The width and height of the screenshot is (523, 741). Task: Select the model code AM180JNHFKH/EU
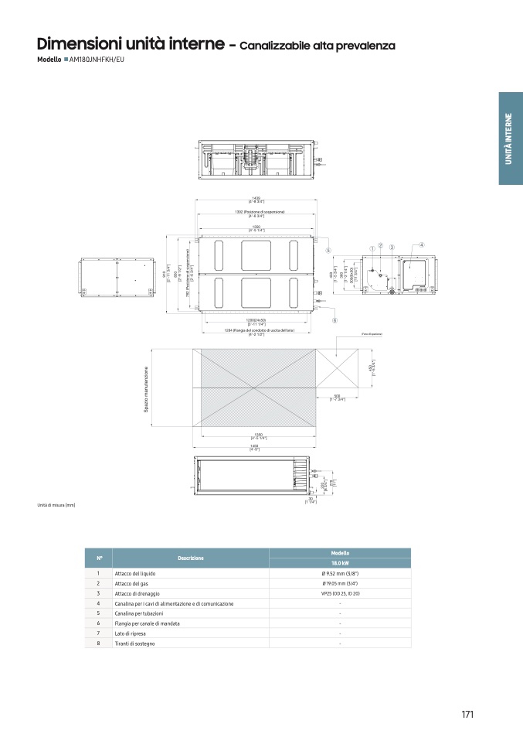coord(97,60)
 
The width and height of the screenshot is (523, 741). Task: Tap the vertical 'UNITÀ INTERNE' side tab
coord(509,138)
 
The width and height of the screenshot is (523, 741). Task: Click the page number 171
coord(467,714)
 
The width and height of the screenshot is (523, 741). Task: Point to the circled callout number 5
coord(328,250)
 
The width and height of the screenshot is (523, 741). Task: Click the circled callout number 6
coord(335,319)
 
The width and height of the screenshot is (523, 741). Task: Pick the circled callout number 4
coord(422,245)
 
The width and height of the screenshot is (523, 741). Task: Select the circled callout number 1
coord(372,248)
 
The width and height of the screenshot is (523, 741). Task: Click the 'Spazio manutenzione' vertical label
coord(145,394)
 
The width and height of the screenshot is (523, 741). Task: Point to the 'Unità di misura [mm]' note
coord(56,505)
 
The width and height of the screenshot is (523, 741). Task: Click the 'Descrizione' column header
coord(191,558)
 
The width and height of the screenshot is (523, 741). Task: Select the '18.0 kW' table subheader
coord(340,564)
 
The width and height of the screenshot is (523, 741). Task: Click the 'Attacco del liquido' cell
coord(134,573)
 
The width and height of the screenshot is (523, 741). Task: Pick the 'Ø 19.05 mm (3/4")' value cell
coord(340,583)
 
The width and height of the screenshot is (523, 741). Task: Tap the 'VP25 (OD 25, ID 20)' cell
coord(340,593)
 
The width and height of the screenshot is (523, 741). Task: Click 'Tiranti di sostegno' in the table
coord(134,643)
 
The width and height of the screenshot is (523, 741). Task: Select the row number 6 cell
coord(99,623)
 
